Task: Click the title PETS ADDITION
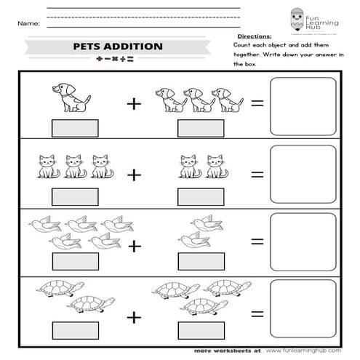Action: pos(118,47)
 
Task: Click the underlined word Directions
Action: pos(255,35)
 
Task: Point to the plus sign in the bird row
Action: pos(134,245)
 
